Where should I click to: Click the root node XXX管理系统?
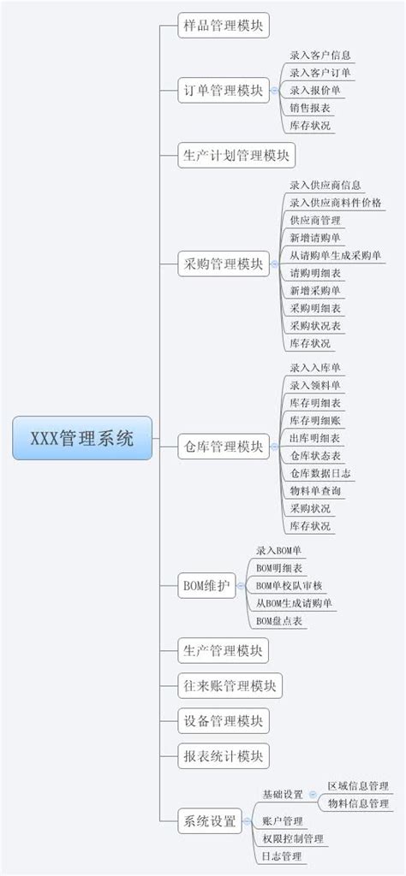coord(82,439)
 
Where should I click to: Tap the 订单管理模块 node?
coord(223,91)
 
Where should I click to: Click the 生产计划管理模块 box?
coord(236,156)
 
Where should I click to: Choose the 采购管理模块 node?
coord(223,263)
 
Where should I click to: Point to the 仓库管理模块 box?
coord(223,447)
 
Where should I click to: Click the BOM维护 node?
coord(206,586)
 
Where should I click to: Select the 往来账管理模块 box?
coord(230,685)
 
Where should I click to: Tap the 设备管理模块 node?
coord(223,720)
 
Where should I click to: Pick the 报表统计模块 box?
coord(223,756)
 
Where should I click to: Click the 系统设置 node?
coord(209,821)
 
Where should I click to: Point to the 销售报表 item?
coord(310,108)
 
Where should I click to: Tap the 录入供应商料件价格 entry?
coord(336,202)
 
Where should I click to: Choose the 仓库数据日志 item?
coord(319,473)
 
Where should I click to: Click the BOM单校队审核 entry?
coord(290,585)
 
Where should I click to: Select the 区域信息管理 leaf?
coord(358,785)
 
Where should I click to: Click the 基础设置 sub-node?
coord(283,794)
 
